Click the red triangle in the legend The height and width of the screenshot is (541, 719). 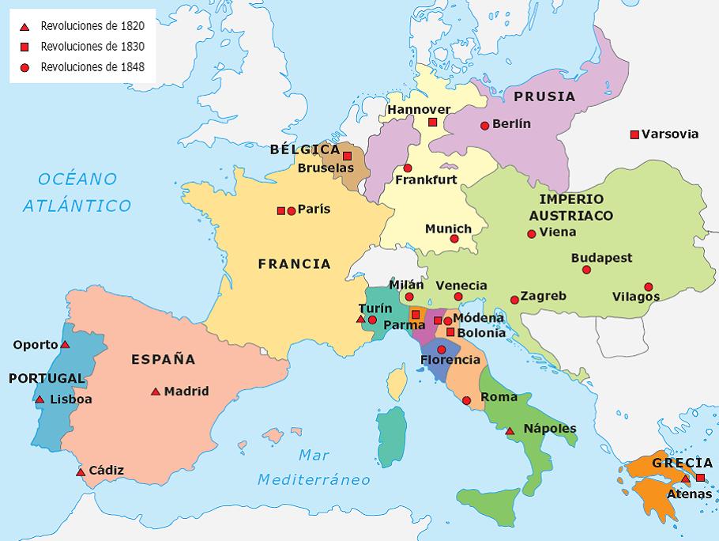(x=24, y=27)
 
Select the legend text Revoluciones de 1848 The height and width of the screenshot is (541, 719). (x=92, y=67)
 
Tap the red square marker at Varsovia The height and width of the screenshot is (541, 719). (x=634, y=134)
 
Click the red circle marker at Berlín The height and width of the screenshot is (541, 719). (x=484, y=125)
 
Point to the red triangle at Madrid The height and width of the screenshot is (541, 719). (x=156, y=392)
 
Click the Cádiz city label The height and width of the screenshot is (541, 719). (x=106, y=471)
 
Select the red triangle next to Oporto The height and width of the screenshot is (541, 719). (x=66, y=345)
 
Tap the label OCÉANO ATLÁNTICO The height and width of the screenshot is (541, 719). (x=77, y=192)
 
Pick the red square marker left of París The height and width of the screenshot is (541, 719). (x=280, y=210)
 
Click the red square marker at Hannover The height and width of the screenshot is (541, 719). (x=432, y=122)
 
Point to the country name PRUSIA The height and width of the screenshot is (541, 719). (x=544, y=96)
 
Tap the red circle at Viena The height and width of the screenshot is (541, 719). (x=532, y=233)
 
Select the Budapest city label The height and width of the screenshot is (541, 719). (x=601, y=258)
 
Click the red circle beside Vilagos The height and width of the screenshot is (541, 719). (x=648, y=287)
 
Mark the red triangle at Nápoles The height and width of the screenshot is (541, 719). (x=510, y=431)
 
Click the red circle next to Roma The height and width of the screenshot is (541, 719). (x=466, y=401)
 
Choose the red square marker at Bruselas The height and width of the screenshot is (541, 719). (x=347, y=156)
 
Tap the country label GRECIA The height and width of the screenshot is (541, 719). (x=681, y=463)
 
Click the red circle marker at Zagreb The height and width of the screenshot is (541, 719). (x=514, y=300)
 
